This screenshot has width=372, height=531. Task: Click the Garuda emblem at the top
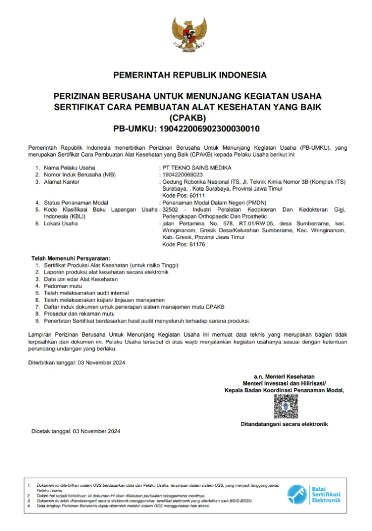[185, 36]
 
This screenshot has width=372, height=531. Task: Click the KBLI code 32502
[170, 209]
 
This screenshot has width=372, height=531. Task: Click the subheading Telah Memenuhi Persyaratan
[71, 258]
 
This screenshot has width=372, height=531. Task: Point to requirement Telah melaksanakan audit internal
[87, 293]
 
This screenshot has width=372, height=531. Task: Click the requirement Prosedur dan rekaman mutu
[79, 313]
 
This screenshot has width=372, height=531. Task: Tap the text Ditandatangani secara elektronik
[284, 424]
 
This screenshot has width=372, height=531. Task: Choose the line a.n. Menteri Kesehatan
[284, 376]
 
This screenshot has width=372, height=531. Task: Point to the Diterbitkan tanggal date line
[77, 362]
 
